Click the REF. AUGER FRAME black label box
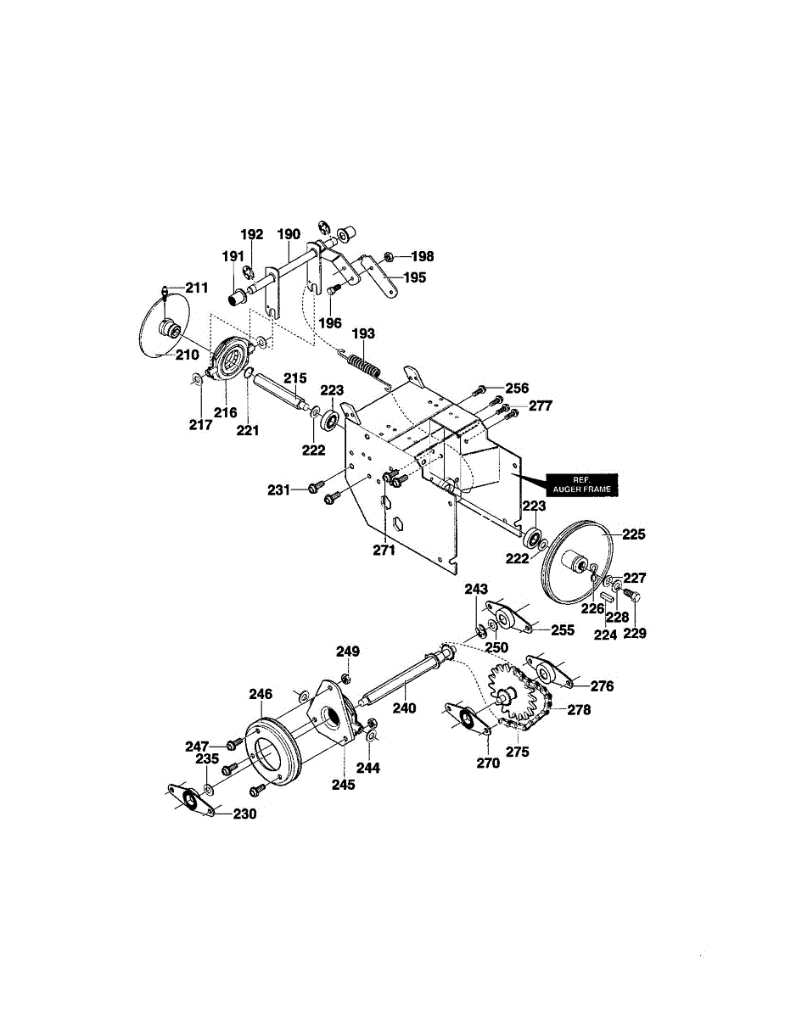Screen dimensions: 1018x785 click(x=581, y=484)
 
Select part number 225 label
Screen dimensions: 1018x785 click(x=634, y=534)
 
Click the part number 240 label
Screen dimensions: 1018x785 click(x=404, y=708)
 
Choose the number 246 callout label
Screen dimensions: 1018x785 click(x=261, y=694)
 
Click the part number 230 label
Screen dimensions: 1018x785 click(x=244, y=814)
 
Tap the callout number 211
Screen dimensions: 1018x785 click(x=196, y=288)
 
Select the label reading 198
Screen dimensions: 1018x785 click(x=422, y=256)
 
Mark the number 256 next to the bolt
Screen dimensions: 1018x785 click(x=517, y=388)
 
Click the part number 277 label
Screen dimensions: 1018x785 click(x=540, y=406)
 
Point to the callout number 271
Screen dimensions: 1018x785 click(x=384, y=551)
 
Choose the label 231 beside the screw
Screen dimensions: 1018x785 click(x=280, y=489)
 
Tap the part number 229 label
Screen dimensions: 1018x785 click(x=636, y=632)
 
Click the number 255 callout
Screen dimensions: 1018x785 click(x=563, y=630)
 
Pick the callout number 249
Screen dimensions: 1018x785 click(x=348, y=652)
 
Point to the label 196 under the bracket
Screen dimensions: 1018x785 click(x=330, y=322)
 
